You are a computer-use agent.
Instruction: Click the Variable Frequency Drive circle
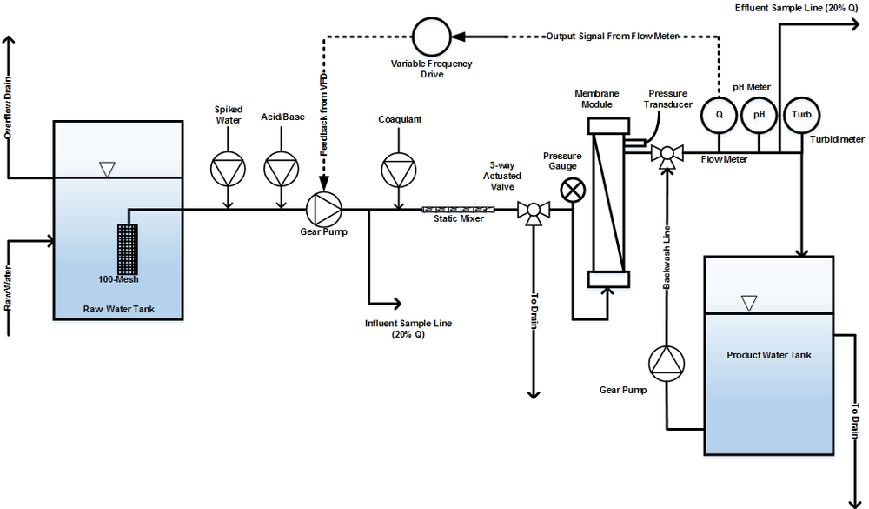[430, 37]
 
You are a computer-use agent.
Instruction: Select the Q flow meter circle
[720, 114]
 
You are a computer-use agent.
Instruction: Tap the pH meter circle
[758, 114]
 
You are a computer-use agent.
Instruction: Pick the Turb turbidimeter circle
[800, 114]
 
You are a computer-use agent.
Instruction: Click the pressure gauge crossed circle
[572, 190]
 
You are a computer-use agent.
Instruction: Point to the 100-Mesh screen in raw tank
[129, 248]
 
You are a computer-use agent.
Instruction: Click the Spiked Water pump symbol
[228, 169]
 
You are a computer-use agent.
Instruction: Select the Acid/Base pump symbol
[281, 169]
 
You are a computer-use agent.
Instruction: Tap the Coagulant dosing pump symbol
[399, 169]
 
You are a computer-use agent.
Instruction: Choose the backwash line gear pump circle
[667, 364]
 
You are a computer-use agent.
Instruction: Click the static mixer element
[457, 209]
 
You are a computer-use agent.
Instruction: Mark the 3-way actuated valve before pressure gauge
[531, 211]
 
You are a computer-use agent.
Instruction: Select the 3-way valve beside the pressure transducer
[667, 155]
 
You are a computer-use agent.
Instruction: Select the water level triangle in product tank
[748, 304]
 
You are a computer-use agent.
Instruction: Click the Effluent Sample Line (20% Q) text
[797, 8]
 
